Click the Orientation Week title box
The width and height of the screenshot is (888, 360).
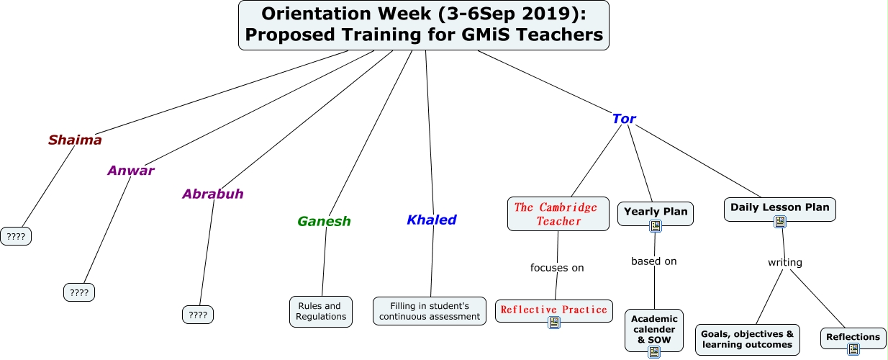click(x=423, y=25)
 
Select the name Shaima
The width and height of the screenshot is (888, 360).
click(x=75, y=140)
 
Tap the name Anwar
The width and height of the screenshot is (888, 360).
click(x=131, y=171)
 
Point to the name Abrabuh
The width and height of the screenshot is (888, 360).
click(x=213, y=194)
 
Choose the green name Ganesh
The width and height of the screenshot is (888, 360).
click(x=325, y=221)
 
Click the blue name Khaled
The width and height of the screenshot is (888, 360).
click(x=432, y=220)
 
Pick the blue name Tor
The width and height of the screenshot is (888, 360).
click(x=624, y=119)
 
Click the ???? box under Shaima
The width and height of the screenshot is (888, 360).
click(x=16, y=236)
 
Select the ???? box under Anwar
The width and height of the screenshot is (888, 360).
click(x=79, y=292)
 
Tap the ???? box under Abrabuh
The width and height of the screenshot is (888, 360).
click(x=198, y=315)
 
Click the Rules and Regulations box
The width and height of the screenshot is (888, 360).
click(x=321, y=312)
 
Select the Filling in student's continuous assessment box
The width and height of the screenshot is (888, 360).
click(x=430, y=311)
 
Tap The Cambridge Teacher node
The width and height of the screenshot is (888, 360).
click(x=558, y=214)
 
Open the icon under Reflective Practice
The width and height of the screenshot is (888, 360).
click(x=554, y=323)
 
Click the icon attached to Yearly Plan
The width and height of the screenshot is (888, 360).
click(x=656, y=226)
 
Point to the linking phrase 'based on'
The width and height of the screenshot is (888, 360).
click(x=654, y=261)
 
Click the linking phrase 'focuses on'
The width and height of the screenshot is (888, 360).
click(x=557, y=268)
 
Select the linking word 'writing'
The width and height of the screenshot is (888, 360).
click(x=785, y=263)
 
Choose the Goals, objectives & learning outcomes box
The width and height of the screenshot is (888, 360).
click(x=748, y=340)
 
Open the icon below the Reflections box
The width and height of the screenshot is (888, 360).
click(x=853, y=349)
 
